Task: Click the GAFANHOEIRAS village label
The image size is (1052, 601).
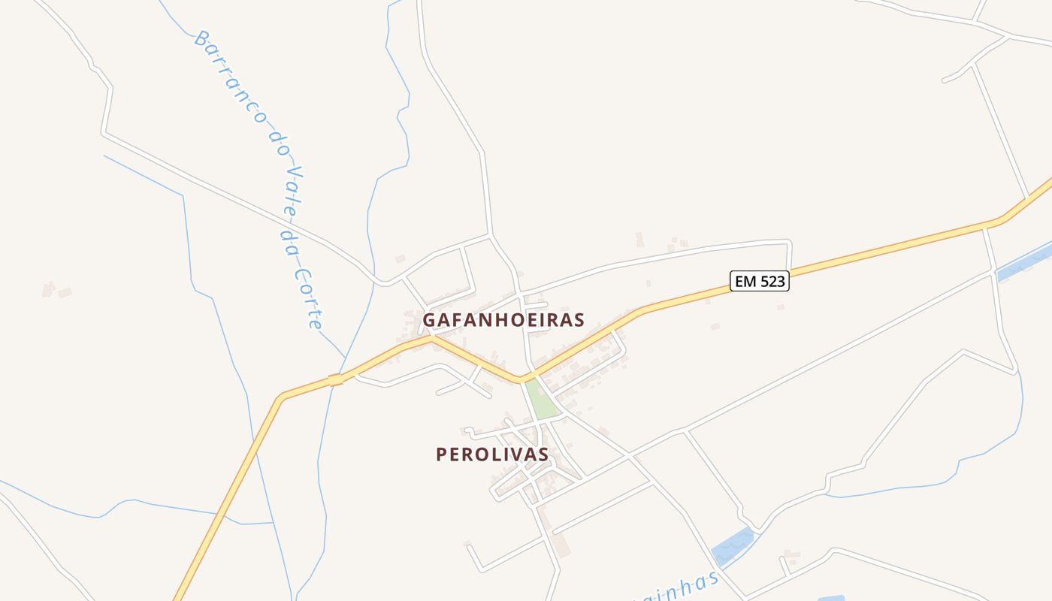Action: (503, 320)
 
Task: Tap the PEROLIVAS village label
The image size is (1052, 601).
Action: (492, 455)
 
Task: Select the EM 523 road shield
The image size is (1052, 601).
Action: (760, 282)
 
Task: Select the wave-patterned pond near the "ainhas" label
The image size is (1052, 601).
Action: (732, 546)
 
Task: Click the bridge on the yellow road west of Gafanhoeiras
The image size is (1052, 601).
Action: (336, 380)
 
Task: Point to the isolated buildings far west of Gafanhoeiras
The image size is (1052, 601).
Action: (57, 290)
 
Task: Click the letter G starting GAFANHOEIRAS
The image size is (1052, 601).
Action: (429, 320)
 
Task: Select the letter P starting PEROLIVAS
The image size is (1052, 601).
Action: (442, 455)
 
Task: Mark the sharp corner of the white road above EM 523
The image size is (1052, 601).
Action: (789, 241)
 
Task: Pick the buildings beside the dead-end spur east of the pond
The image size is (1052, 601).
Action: (790, 558)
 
